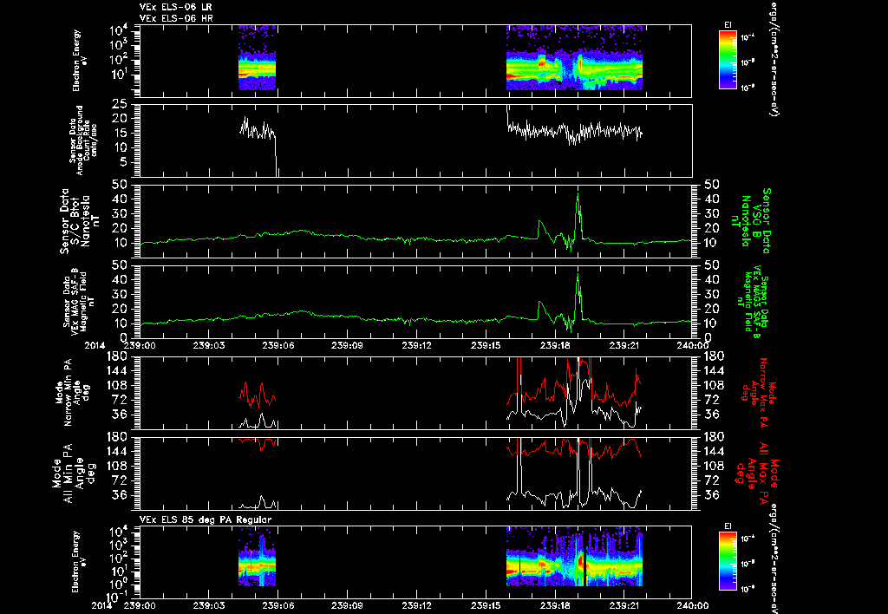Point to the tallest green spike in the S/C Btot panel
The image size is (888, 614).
coord(578,196)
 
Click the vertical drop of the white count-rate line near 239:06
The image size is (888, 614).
coord(277,156)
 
